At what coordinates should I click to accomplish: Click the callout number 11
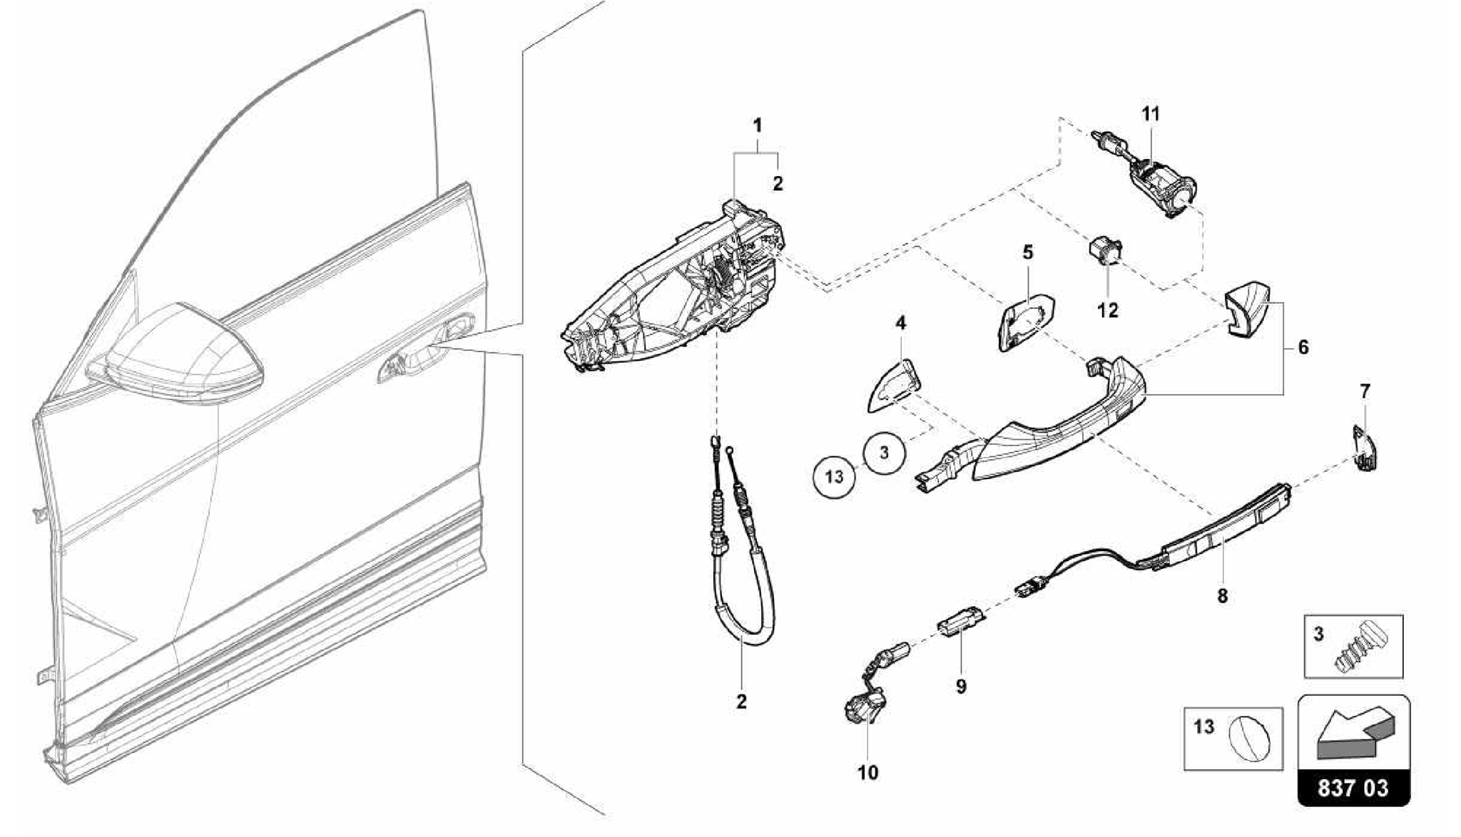(1150, 114)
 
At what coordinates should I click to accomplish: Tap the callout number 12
(1108, 310)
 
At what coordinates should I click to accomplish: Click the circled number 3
(884, 452)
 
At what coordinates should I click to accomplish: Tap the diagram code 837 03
(1353, 788)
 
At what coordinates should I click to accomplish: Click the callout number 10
(868, 771)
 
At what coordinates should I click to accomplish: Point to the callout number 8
(1222, 595)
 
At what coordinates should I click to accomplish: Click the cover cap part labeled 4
(893, 386)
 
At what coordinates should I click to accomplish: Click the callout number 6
(1303, 348)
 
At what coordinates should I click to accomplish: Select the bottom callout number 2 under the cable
(741, 701)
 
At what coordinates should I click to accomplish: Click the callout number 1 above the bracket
(758, 125)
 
